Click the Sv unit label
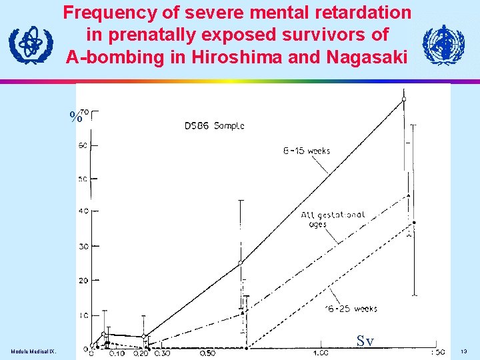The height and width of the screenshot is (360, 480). pos(365,341)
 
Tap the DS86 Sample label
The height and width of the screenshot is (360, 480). pos(214,125)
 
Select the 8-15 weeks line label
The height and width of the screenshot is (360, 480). pos(307,151)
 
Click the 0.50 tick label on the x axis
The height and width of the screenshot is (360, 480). pos(207,353)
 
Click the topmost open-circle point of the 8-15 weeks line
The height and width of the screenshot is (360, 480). pos(403,99)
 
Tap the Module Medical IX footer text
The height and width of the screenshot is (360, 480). pos(33,351)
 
